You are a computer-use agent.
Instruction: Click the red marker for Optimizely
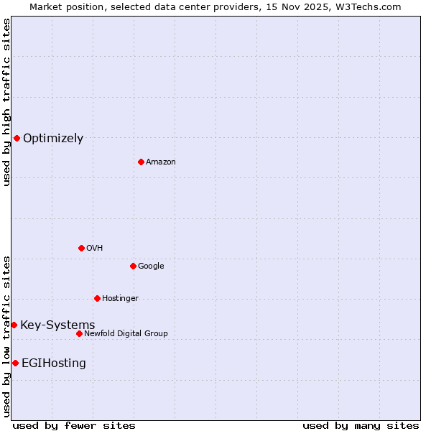pos(17,138)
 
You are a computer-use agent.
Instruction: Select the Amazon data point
pos(141,162)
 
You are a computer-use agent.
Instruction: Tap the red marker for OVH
pos(81,248)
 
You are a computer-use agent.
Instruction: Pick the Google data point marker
pos(133,266)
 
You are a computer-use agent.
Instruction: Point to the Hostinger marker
pos(97,298)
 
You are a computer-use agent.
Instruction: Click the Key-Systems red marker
pos(14,325)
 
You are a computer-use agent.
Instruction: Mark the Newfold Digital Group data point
pos(79,333)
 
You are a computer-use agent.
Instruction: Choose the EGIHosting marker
pos(15,363)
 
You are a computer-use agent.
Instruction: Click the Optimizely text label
pos(53,139)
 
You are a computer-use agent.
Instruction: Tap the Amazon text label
pos(161,162)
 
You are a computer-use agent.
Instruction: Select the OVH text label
pos(95,249)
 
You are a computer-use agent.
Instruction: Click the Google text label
pos(151,267)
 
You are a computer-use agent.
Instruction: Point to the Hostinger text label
pos(120,299)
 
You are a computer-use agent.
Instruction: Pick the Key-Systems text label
pos(57,325)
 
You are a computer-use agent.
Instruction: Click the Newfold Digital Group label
pos(126,334)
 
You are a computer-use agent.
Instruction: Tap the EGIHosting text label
pos(54,363)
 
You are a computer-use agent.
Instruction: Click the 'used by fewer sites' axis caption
pos(74,425)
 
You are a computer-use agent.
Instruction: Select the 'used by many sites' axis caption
pos(361,425)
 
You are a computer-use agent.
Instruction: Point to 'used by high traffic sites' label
pos(6,102)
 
